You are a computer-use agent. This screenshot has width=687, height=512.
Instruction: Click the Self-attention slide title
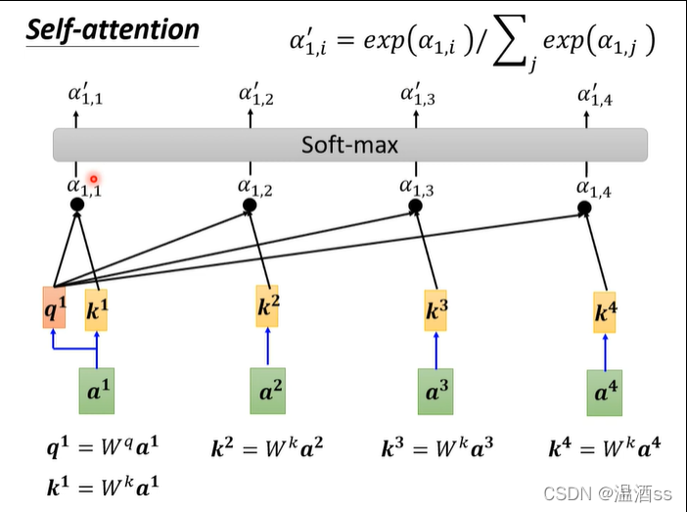[x=112, y=29]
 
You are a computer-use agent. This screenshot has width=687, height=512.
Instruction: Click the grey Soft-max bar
[x=349, y=146]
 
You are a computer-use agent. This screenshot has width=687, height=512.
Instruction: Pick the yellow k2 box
[x=267, y=307]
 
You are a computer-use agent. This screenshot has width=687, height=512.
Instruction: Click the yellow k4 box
[x=605, y=313]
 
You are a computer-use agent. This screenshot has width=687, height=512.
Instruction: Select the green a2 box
[x=267, y=391]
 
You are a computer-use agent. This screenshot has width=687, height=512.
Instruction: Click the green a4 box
[x=605, y=393]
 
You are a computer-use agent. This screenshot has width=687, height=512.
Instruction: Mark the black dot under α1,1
[x=76, y=205]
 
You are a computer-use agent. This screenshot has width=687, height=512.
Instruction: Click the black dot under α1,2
[x=250, y=206]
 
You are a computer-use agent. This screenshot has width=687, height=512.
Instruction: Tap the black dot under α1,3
[x=415, y=207]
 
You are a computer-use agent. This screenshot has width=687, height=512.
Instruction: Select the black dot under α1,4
[x=584, y=209]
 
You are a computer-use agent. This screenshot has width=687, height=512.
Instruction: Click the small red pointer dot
[x=94, y=178]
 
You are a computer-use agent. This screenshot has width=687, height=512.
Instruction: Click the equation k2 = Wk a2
[x=266, y=449]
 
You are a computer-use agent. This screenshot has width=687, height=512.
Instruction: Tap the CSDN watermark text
[x=608, y=491]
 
